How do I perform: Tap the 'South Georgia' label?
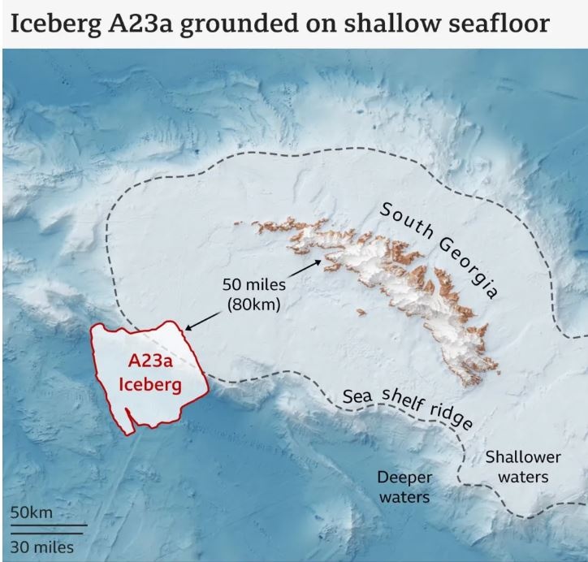pos(439,251)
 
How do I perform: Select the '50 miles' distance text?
pos(253,286)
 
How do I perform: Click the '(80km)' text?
pos(253,305)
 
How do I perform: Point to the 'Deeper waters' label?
pos(404,486)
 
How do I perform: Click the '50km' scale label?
pos(32,513)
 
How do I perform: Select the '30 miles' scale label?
pos(41,547)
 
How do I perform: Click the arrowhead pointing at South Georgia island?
pos(317,262)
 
